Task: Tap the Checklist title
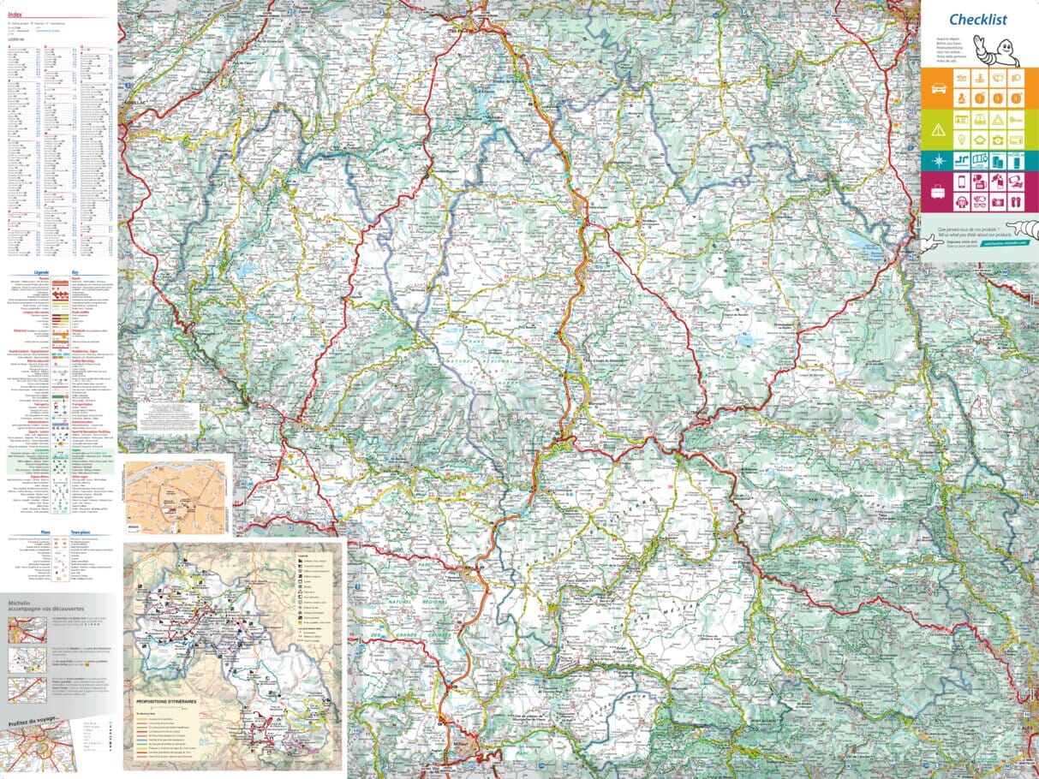[x=977, y=20]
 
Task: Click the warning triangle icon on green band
[x=938, y=128]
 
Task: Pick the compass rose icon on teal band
[x=938, y=160]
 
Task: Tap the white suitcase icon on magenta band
[x=938, y=192]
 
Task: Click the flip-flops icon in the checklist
[x=1014, y=203]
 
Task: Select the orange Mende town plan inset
[x=176, y=497]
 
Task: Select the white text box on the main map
[x=168, y=417]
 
